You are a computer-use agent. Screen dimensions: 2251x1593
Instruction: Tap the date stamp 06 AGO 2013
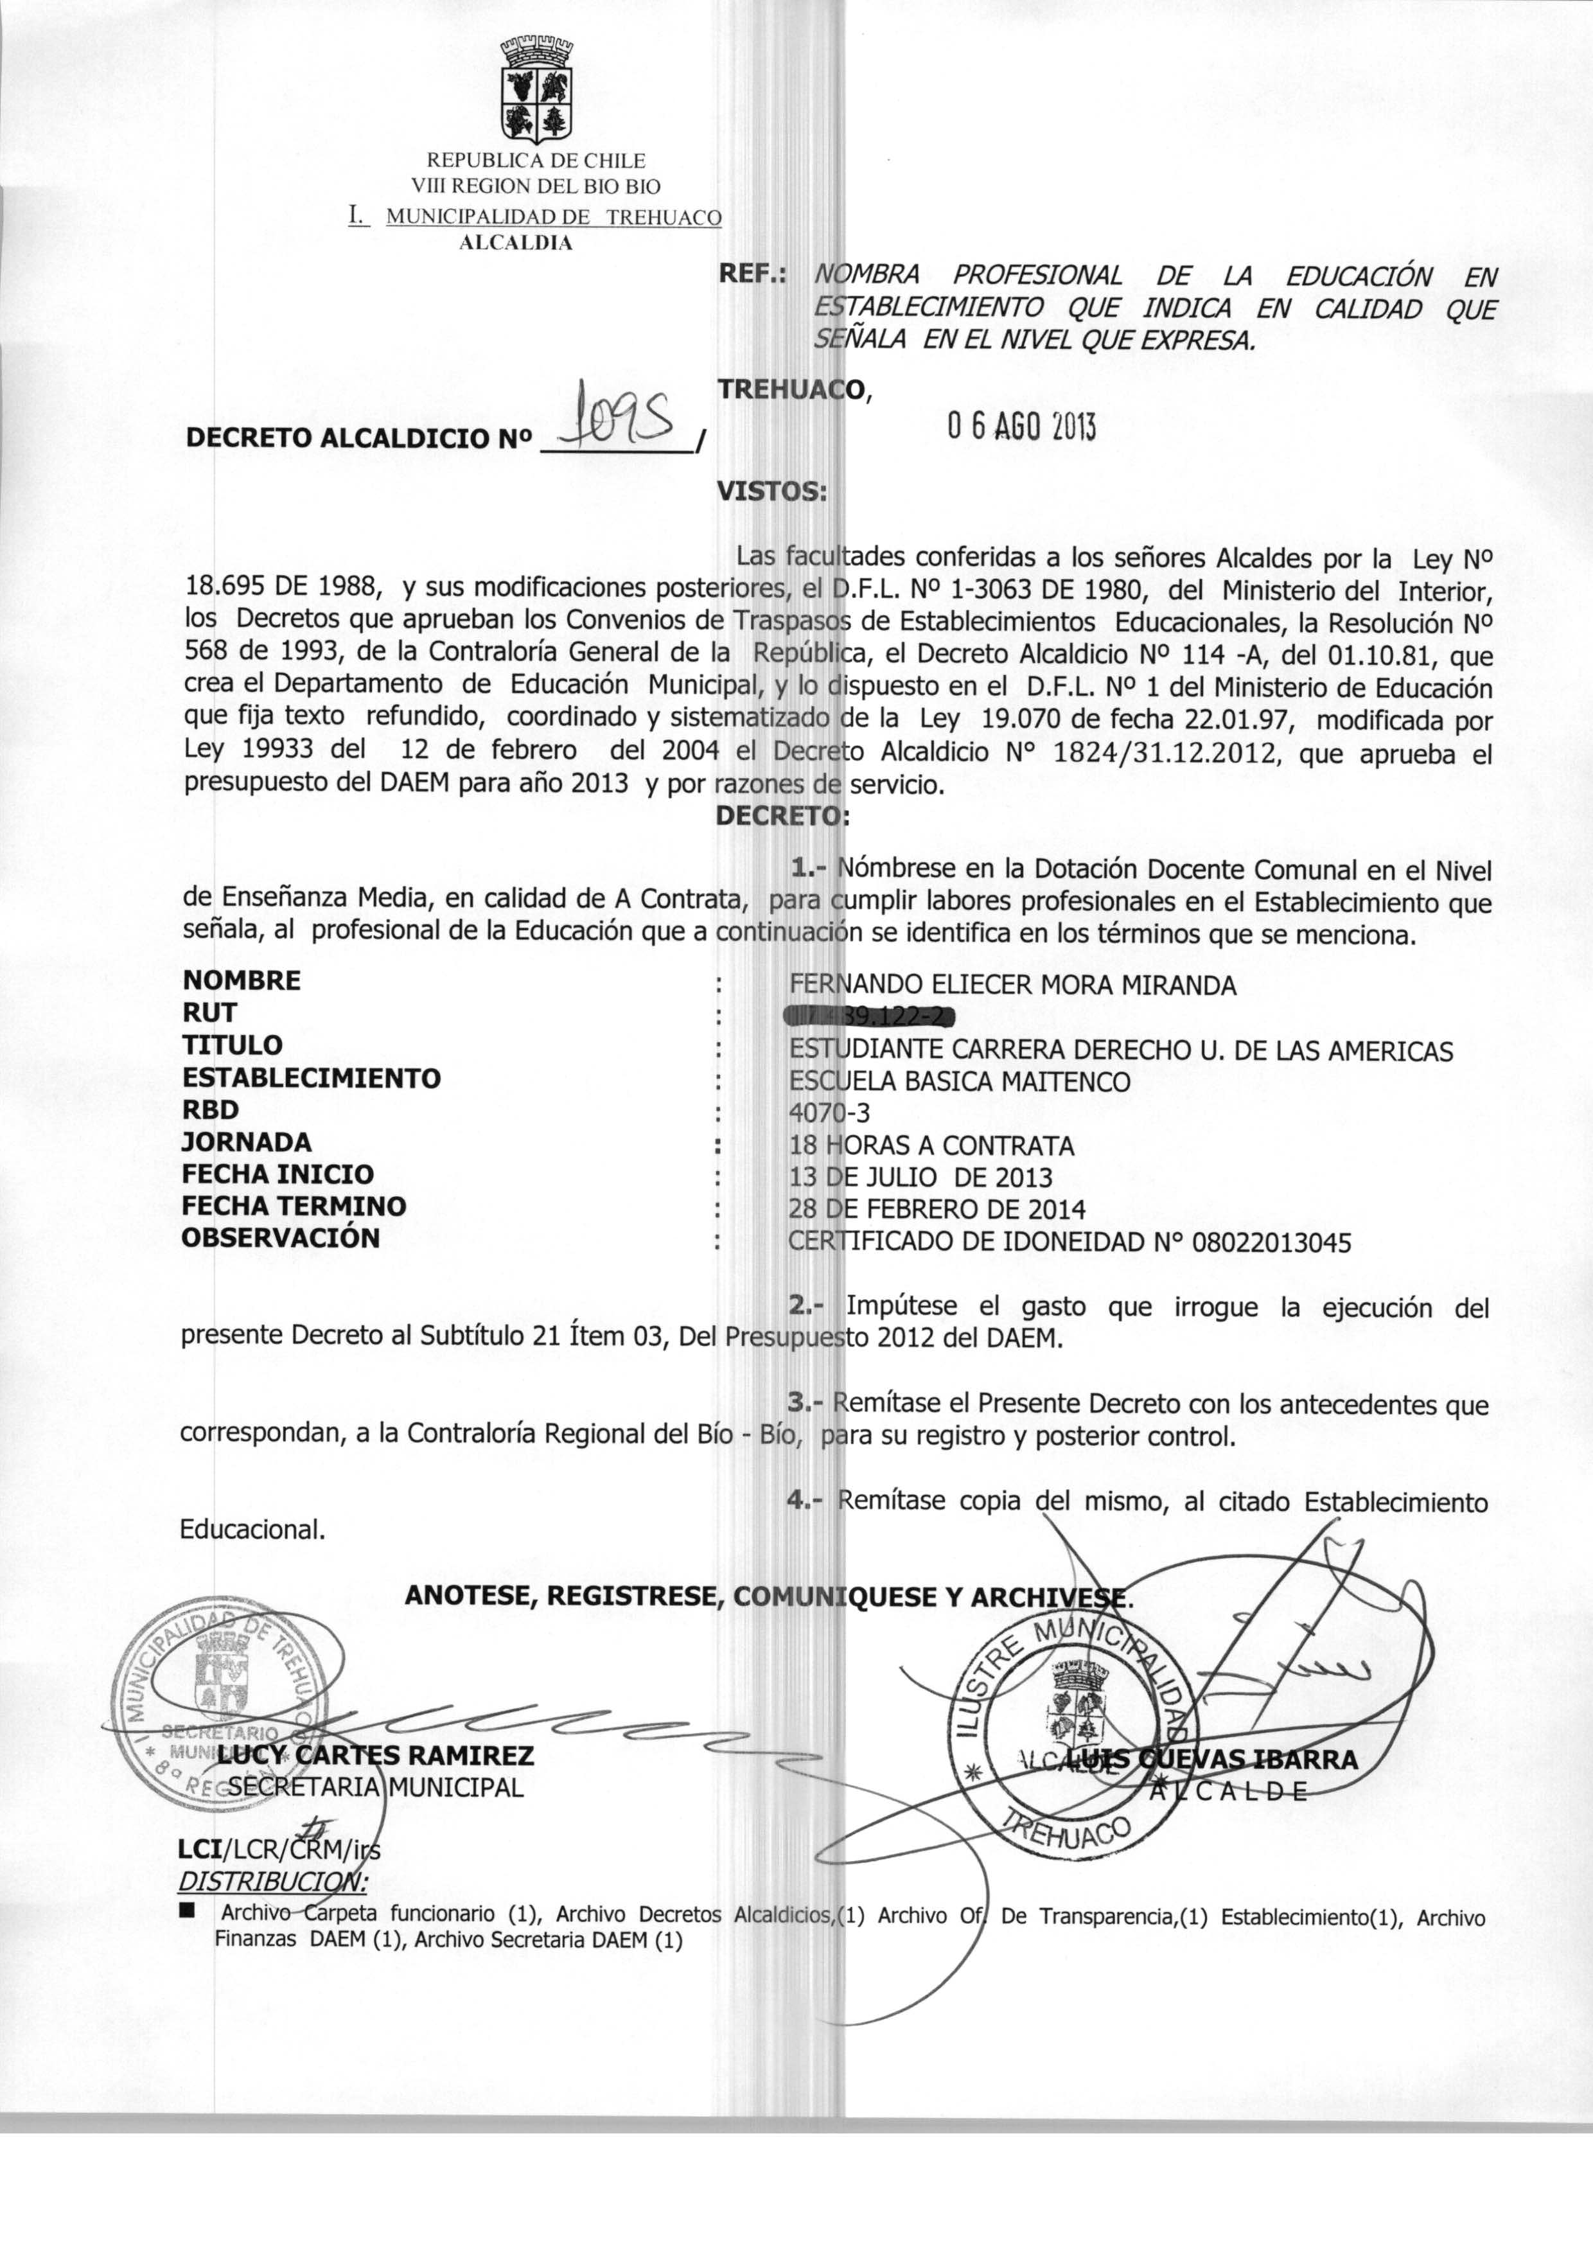(x=1020, y=426)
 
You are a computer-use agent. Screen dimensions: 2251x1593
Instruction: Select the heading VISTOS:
(x=772, y=490)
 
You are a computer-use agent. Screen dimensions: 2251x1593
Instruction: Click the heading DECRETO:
(x=782, y=815)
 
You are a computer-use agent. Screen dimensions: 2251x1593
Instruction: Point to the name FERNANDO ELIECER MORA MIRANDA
(x=1012, y=985)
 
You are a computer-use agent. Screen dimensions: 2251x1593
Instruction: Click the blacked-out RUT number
(x=869, y=1017)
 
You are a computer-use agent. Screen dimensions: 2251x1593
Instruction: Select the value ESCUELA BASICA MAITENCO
(x=959, y=1081)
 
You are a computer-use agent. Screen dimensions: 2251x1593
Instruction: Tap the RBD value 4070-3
(x=829, y=1112)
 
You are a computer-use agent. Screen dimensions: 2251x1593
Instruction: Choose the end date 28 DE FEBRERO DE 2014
(x=937, y=1210)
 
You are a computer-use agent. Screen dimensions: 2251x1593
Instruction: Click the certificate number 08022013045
(x=1271, y=1242)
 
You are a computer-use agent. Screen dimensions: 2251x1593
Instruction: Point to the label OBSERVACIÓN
(x=281, y=1237)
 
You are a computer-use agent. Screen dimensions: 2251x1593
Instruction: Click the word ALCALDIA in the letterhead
(x=516, y=243)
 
